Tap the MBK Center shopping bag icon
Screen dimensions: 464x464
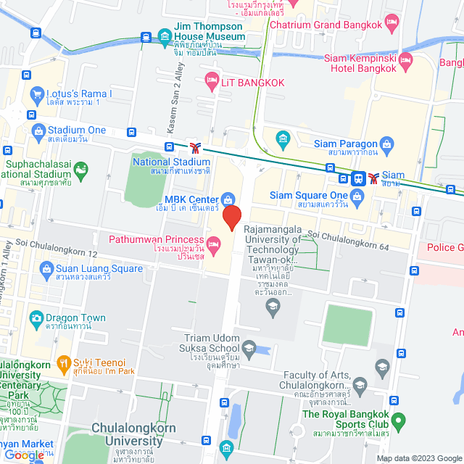[228, 199]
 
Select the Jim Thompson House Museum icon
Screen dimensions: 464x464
[165, 36]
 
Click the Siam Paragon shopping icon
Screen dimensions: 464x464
[387, 144]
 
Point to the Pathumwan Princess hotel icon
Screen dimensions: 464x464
[212, 241]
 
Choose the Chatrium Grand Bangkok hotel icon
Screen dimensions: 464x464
[392, 24]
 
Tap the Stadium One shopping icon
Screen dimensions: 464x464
[40, 130]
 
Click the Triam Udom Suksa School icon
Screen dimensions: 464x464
[249, 349]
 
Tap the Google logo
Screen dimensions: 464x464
[24, 455]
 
